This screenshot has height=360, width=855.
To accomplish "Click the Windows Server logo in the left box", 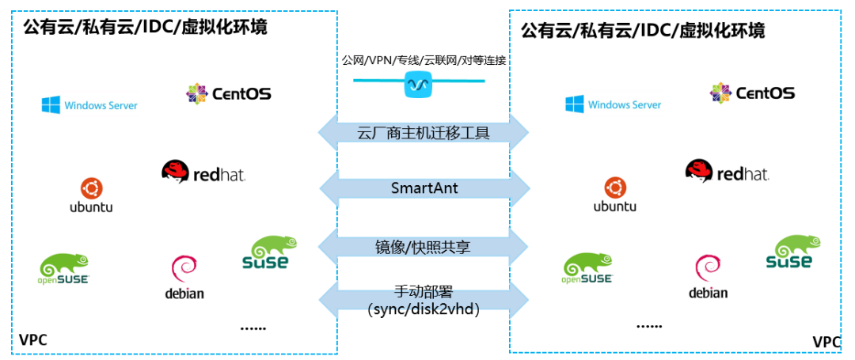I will click(x=89, y=104).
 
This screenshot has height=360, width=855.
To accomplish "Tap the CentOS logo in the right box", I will click(x=752, y=93).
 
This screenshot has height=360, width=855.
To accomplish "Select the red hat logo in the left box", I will click(x=203, y=172).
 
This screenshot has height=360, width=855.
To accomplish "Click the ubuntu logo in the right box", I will click(x=614, y=195).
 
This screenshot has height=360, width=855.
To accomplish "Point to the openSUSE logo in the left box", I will click(x=64, y=268).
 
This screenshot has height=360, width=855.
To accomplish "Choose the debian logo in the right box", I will click(x=708, y=277).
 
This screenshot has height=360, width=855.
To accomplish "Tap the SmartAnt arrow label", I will click(x=424, y=188).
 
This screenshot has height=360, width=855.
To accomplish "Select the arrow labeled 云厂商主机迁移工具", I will click(x=424, y=132).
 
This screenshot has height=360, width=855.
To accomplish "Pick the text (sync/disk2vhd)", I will click(x=424, y=309).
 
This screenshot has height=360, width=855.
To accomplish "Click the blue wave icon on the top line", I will click(x=418, y=84).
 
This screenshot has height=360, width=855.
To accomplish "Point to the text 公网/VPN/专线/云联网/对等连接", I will click(x=424, y=60).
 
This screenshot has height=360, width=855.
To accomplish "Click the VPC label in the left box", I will click(x=33, y=340).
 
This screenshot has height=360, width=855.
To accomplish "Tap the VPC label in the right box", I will click(x=826, y=342).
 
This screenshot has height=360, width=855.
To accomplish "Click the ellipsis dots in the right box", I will click(x=649, y=325).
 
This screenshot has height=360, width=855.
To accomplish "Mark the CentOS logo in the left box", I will click(x=229, y=93).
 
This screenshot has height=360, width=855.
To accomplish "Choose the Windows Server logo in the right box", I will click(x=613, y=104).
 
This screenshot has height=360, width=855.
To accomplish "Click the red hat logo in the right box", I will click(x=727, y=172).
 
